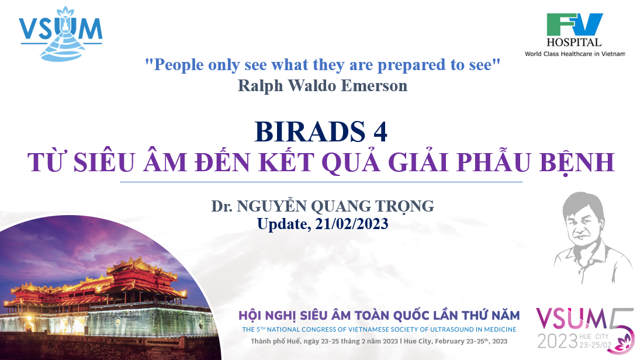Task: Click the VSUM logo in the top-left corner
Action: (x=61, y=34)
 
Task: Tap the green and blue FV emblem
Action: (x=574, y=25)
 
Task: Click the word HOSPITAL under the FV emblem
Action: (x=574, y=42)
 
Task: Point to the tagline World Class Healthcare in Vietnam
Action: (x=575, y=54)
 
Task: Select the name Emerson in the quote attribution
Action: (x=374, y=86)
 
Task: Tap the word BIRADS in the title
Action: (x=310, y=131)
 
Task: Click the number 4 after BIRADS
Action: (x=380, y=131)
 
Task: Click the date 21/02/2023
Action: (x=351, y=224)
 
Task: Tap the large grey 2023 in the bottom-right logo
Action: (x=558, y=341)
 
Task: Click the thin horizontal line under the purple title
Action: (x=321, y=182)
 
